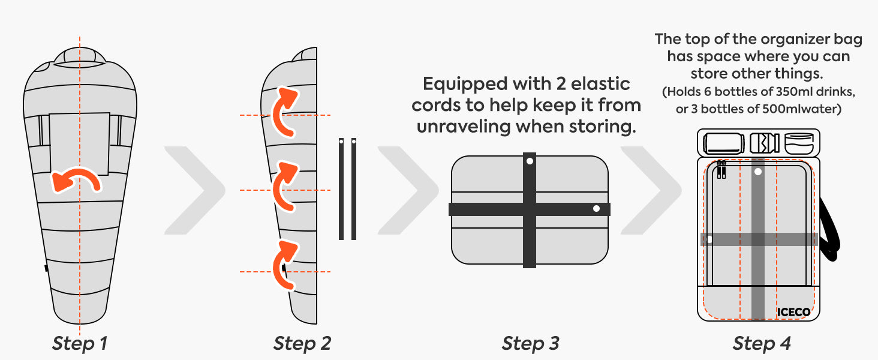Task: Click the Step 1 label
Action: tap(79, 344)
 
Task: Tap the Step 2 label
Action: tap(302, 344)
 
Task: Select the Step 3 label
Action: tap(530, 344)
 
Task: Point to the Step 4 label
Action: tap(761, 344)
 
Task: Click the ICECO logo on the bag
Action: tap(793, 312)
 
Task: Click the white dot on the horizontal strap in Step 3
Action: tap(596, 209)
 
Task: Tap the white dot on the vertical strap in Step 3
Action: tap(529, 161)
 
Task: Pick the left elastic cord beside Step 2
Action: tap(341, 189)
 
